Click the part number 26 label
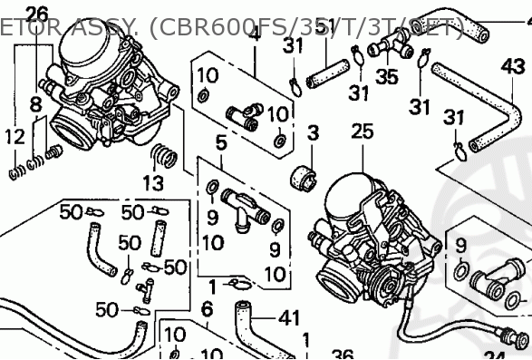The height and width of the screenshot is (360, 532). pyautogui.click(x=36, y=14)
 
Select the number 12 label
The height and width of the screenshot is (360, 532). pyautogui.click(x=14, y=137)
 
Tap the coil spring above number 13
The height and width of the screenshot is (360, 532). pyautogui.click(x=163, y=155)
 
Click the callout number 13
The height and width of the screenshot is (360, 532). pyautogui.click(x=153, y=184)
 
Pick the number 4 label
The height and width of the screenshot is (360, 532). pyautogui.click(x=255, y=34)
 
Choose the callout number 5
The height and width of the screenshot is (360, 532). pyautogui.click(x=220, y=141)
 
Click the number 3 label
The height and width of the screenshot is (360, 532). pyautogui.click(x=313, y=133)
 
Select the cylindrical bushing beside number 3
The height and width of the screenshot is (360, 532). pyautogui.click(x=302, y=176)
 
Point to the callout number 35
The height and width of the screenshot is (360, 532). pyautogui.click(x=387, y=76)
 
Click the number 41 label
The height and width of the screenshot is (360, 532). pyautogui.click(x=288, y=318)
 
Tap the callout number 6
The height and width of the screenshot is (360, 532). pyautogui.click(x=206, y=309)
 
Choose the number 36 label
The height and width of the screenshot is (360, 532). pyautogui.click(x=340, y=354)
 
